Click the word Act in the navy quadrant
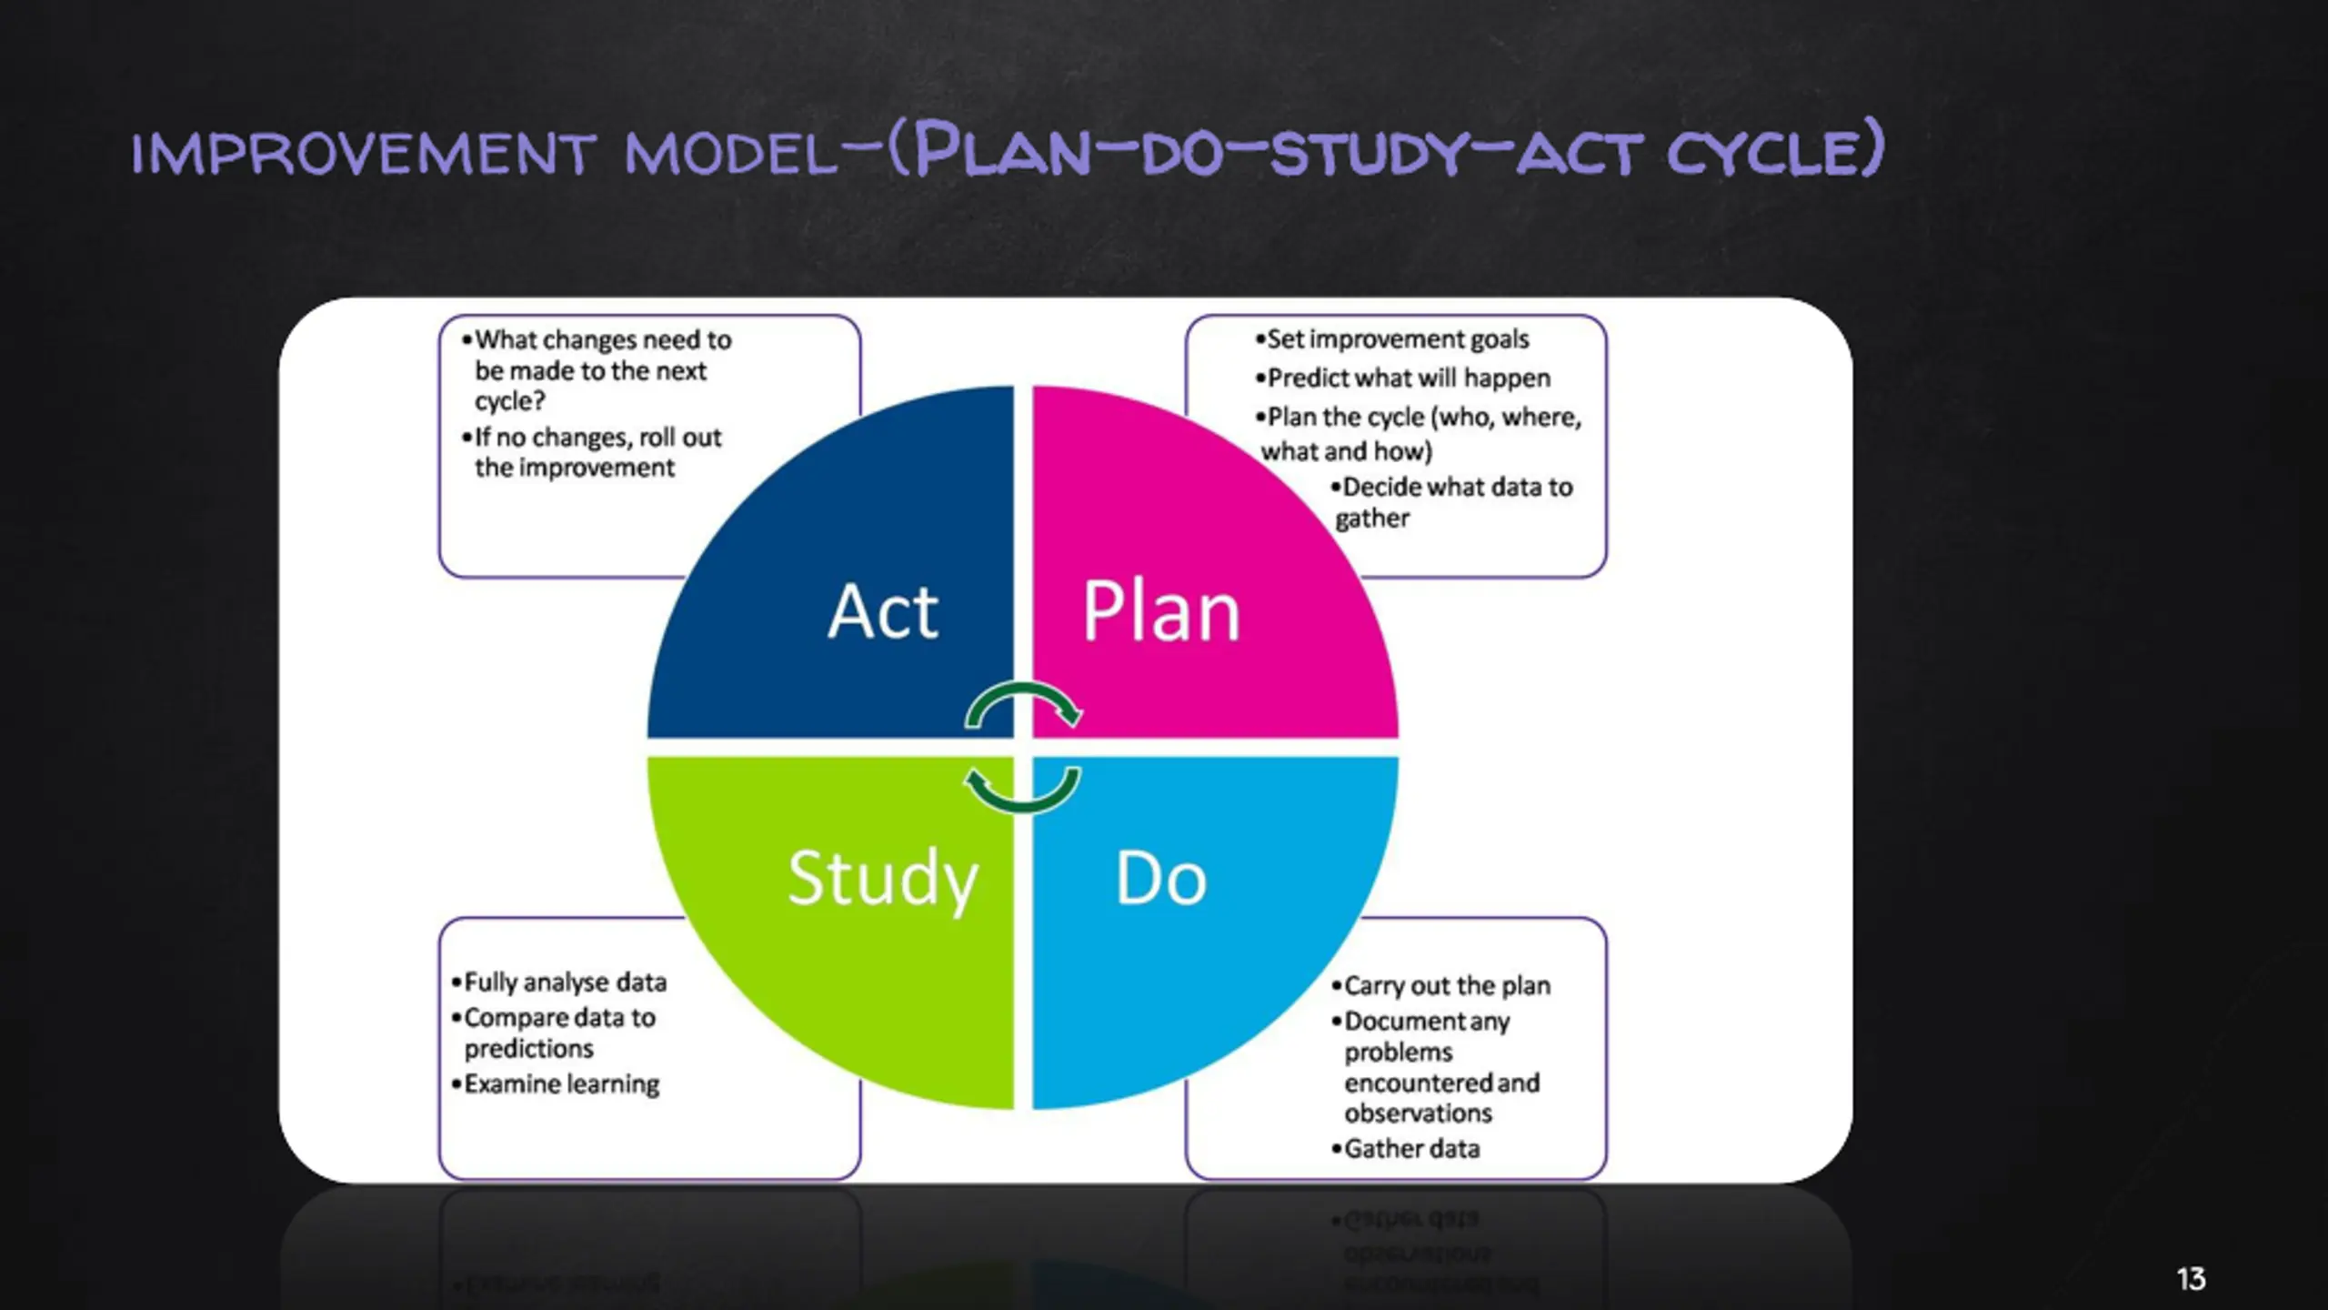(x=882, y=611)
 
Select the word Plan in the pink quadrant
(x=1161, y=611)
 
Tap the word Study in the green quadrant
(x=882, y=879)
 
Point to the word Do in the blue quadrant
(x=1161, y=879)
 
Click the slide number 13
(x=2191, y=1279)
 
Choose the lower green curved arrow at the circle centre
(x=1023, y=790)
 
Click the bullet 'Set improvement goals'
(x=1397, y=339)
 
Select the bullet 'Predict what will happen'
(x=1408, y=378)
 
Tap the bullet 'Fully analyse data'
(x=564, y=982)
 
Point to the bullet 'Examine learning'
(x=561, y=1084)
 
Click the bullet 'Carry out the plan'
(x=1446, y=986)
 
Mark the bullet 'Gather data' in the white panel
(x=1411, y=1149)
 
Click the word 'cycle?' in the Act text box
(x=509, y=401)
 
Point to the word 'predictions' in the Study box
(x=528, y=1049)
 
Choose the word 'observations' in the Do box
(x=1418, y=1113)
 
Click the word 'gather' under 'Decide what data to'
(x=1372, y=519)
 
